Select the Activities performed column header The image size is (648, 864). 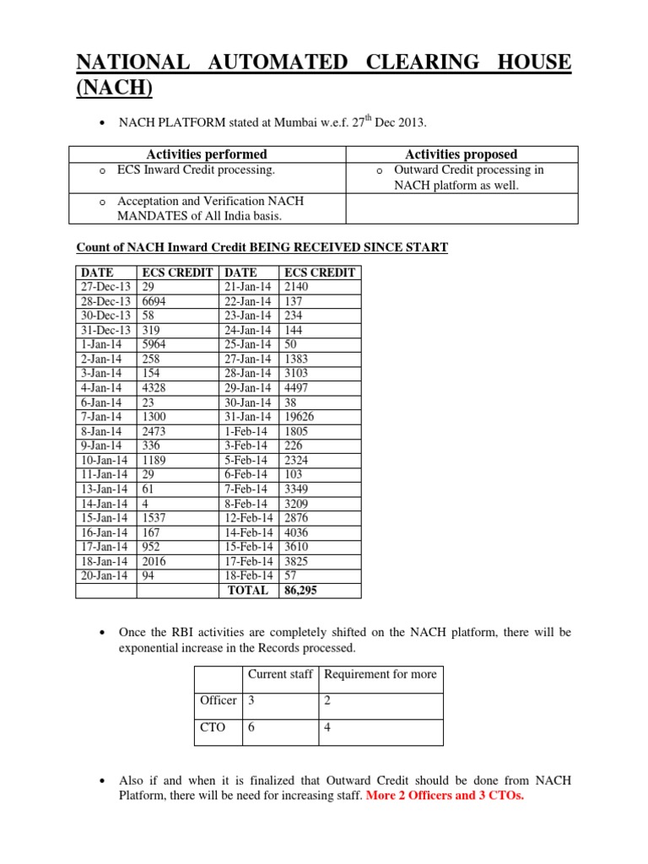point(207,154)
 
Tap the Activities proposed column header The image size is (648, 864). point(462,154)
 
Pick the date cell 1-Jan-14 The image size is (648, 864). point(100,345)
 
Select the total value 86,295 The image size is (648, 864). point(301,591)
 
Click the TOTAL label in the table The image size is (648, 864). point(249,591)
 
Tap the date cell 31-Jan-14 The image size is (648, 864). point(248,417)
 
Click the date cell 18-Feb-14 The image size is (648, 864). point(248,575)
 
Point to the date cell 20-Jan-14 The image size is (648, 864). point(103,575)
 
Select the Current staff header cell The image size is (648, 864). point(280,674)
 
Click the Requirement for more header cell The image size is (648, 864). point(381,674)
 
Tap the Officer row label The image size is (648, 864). point(218,700)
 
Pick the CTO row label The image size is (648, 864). point(213,726)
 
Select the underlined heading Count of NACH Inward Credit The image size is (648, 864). point(262,247)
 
